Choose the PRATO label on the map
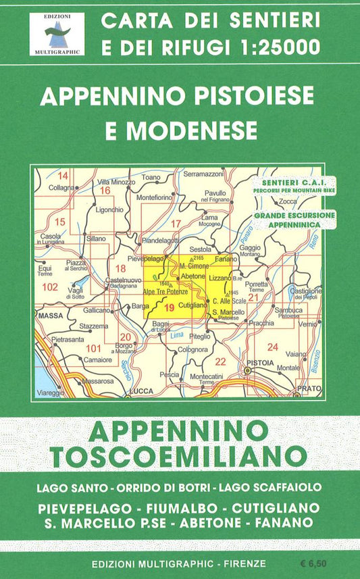point(310,388)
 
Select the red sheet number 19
point(169,307)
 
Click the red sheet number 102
point(49,286)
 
